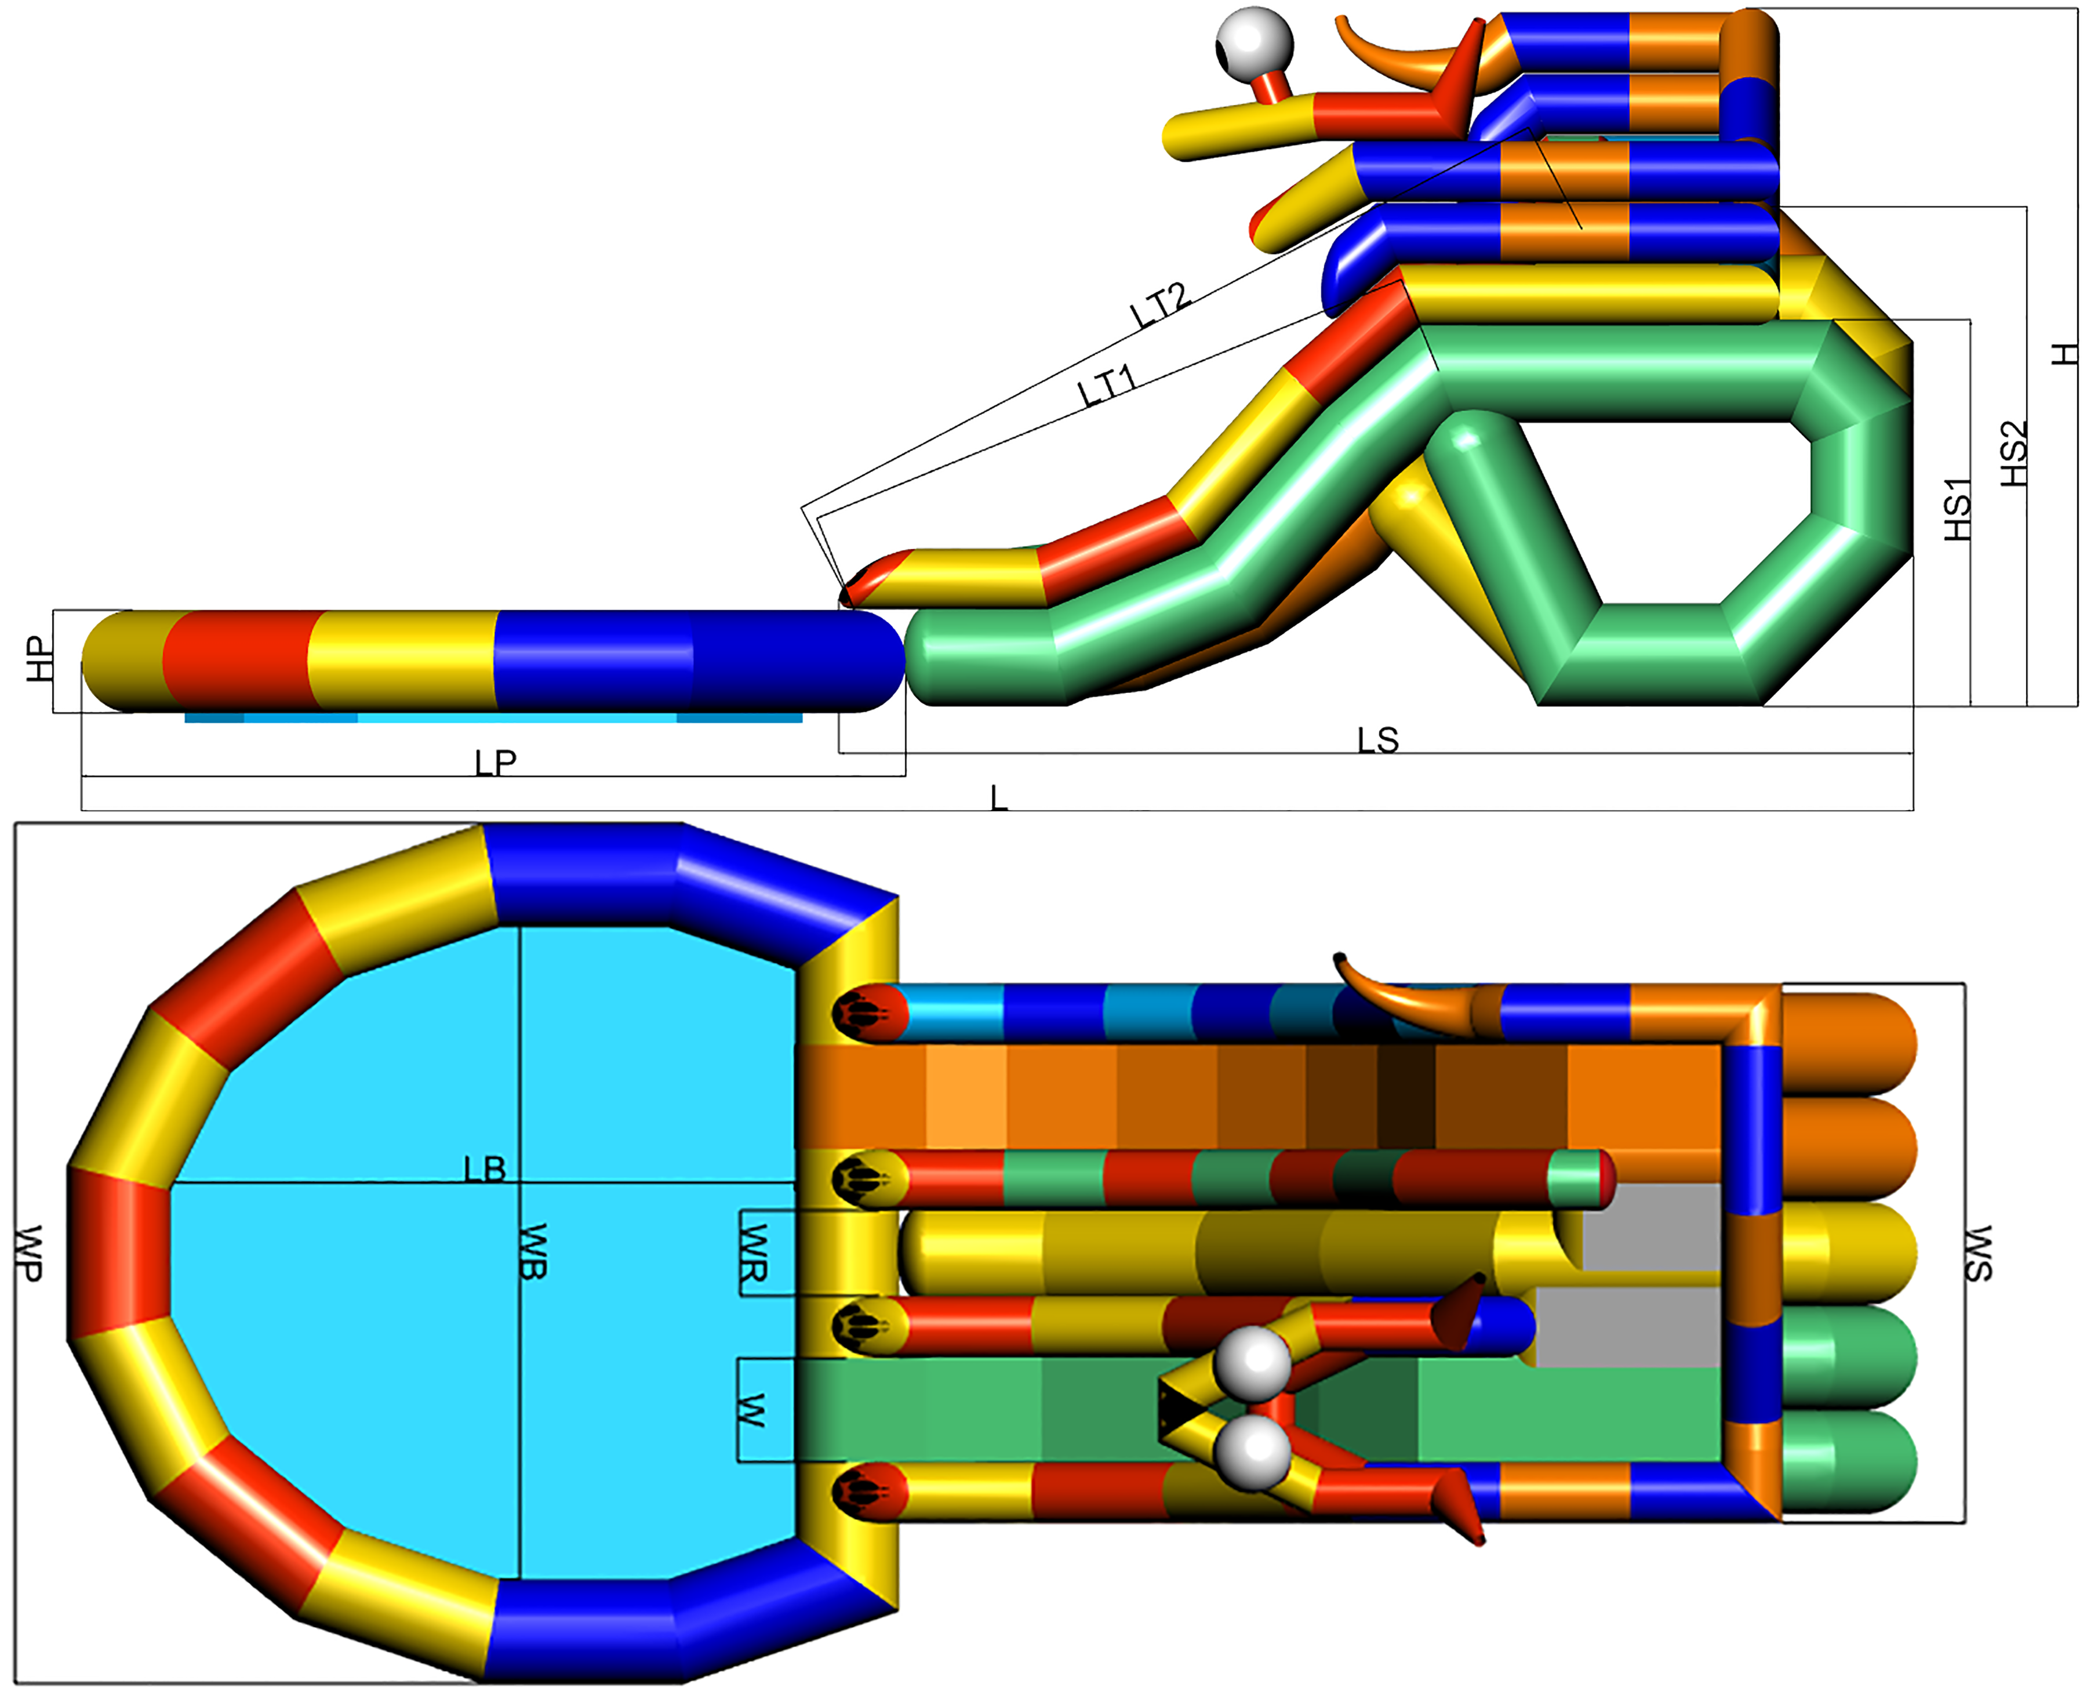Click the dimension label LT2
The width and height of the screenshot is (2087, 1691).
coord(1160,305)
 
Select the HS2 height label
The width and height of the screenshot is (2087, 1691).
coord(2013,454)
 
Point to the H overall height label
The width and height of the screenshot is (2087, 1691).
coord(2063,354)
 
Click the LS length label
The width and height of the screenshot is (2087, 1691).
coord(1378,741)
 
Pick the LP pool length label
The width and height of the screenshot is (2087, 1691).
coord(496,763)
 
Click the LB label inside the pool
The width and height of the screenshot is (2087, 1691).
coord(485,1169)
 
